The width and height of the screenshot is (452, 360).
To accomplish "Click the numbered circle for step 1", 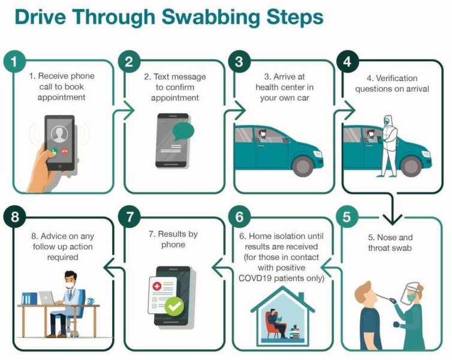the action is tap(14, 62).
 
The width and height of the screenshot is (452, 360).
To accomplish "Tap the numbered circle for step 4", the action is tap(348, 62).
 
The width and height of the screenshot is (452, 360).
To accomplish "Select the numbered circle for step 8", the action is tap(14, 217).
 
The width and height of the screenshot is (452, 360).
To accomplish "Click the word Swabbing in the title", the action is tap(211, 18).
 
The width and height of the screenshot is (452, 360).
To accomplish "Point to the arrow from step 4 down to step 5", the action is tap(392, 208).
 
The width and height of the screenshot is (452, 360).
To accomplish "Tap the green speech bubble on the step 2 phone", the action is tap(183, 131).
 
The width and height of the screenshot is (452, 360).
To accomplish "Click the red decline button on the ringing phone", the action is tap(65, 151).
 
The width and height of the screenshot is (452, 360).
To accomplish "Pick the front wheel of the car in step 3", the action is tap(302, 166).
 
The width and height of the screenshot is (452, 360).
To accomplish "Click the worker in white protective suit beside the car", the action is tap(388, 146).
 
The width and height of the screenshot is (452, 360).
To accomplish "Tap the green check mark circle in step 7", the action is tap(174, 307).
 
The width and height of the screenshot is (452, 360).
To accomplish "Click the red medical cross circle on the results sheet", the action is tap(157, 286).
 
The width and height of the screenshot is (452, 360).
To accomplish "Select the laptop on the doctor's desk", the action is tap(47, 298).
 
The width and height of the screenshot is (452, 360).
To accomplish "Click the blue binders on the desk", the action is tap(29, 298).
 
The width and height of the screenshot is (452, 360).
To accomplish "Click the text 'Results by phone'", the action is tap(173, 239).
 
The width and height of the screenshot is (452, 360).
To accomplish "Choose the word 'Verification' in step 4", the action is tap(396, 78).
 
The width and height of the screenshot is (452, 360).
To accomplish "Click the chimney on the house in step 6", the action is tap(301, 297).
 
